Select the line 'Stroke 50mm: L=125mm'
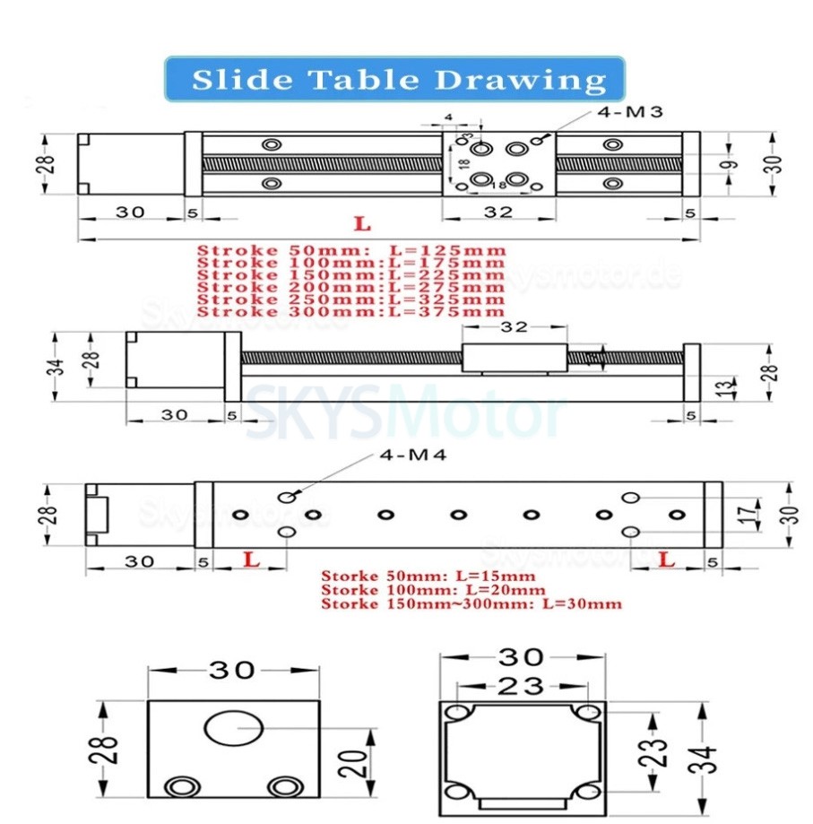[x=351, y=250]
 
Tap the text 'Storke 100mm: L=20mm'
[x=433, y=589]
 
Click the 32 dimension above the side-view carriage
[x=514, y=327]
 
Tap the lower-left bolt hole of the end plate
[x=183, y=786]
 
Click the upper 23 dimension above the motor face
[x=521, y=686]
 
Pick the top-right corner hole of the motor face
[x=587, y=713]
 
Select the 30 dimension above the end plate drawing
[x=234, y=670]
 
